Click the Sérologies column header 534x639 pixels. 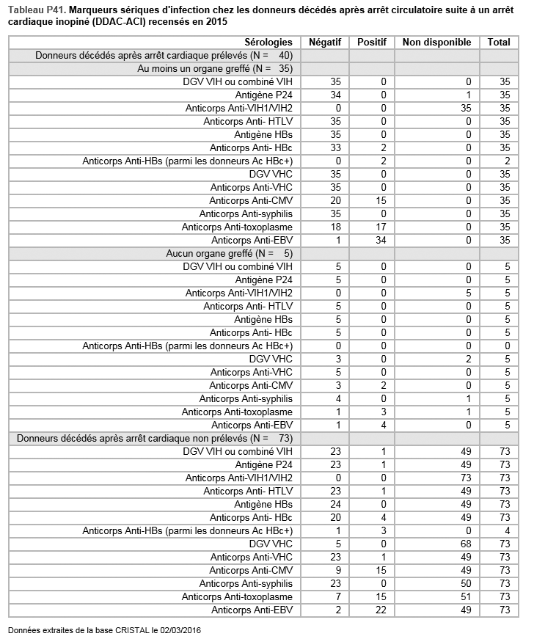(268, 43)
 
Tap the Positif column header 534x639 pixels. (371, 43)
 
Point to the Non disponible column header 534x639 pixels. (437, 43)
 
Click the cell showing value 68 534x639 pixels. (467, 544)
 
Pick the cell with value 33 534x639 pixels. (316, 147)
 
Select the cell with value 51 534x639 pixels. (467, 596)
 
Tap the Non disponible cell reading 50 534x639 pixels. (467, 583)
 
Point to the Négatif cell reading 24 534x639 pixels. (316, 504)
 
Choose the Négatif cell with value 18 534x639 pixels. (316, 227)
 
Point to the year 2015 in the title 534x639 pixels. (216, 21)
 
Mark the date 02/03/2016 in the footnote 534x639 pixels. (180, 630)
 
